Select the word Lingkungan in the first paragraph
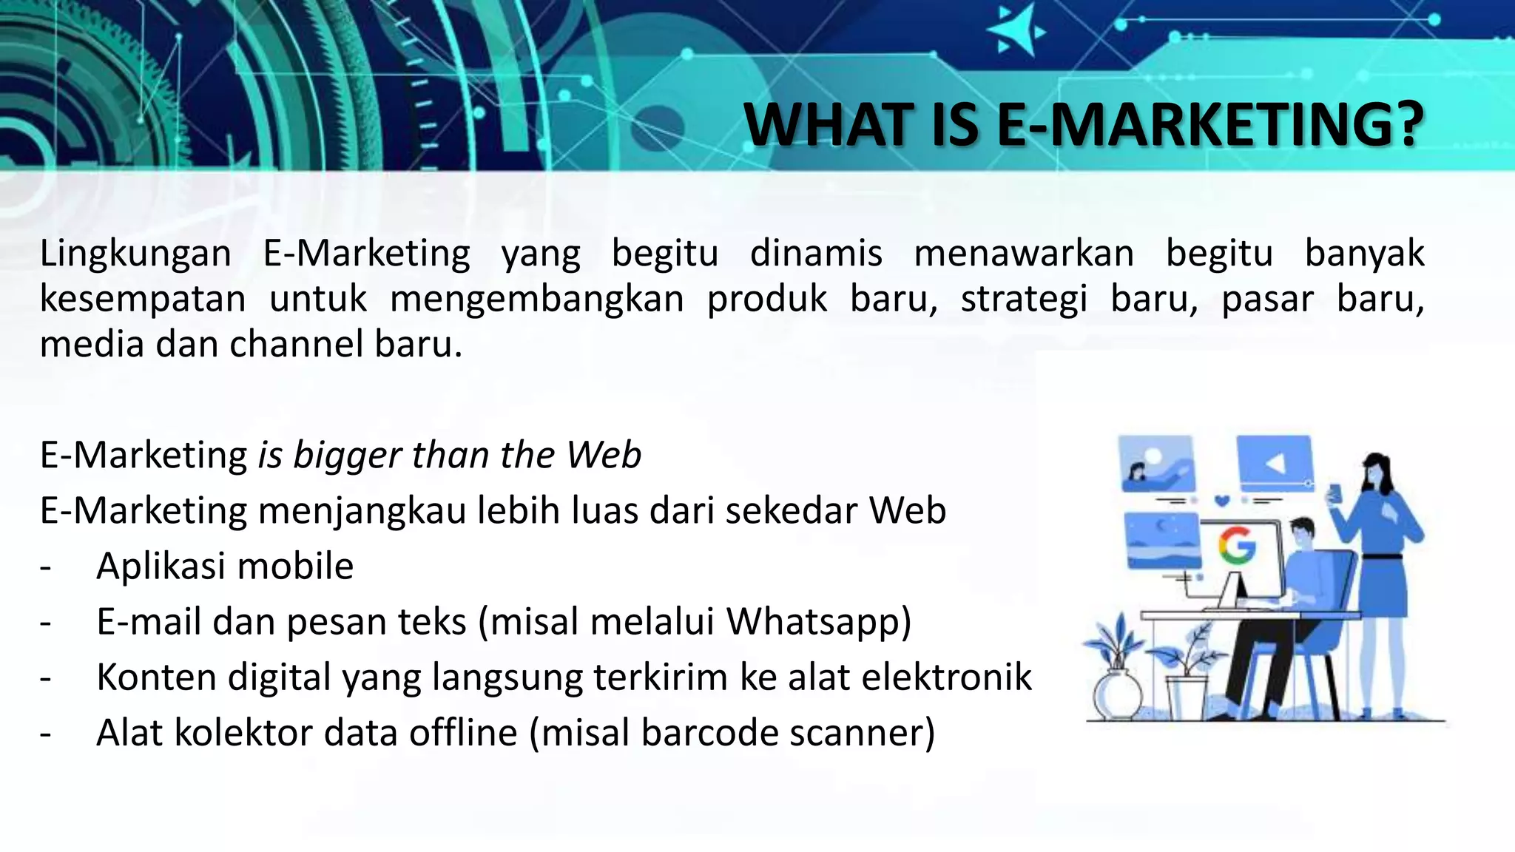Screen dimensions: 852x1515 135,254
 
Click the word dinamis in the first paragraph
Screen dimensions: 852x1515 816,254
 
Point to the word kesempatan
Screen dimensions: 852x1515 142,300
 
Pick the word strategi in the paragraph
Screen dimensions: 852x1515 1024,300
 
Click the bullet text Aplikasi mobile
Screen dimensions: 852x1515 225,567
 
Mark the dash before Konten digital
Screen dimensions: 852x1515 46,677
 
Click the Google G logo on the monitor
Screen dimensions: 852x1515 1237,547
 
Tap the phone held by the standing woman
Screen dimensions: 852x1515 1335,492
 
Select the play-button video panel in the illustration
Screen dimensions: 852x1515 1274,463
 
